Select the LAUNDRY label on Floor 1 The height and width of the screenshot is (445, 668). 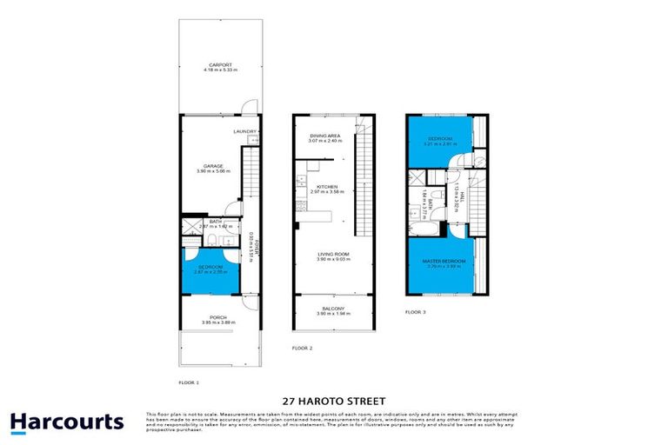click(x=244, y=131)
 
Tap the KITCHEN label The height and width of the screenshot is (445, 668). click(x=326, y=187)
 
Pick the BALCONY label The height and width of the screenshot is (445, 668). click(x=334, y=309)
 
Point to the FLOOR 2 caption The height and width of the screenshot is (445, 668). click(x=302, y=347)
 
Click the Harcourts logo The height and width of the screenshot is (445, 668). click(x=67, y=422)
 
